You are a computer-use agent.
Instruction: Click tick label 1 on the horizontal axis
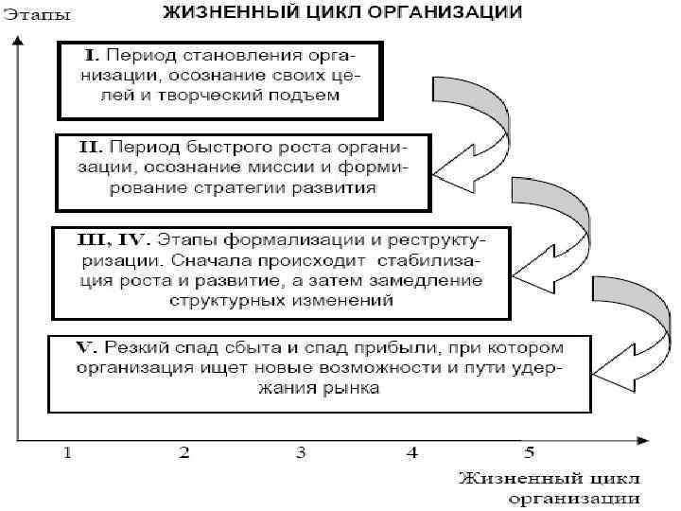coord(68,453)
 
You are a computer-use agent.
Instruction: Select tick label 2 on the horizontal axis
coord(184,453)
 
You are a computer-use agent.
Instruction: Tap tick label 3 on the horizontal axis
coord(300,453)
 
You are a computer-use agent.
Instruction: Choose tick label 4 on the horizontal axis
coord(413,453)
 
